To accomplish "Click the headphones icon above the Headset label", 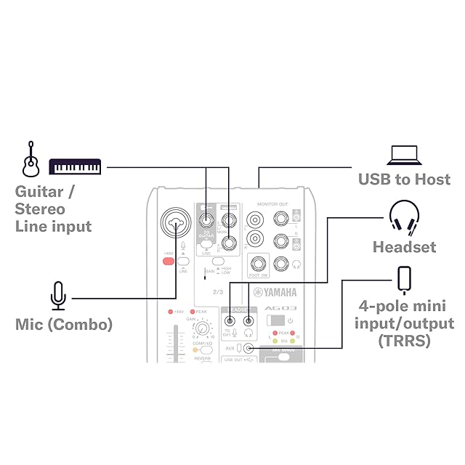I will point(404,217).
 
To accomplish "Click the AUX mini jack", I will point(250,348).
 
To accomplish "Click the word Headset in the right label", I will point(404,247).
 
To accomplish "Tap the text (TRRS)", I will point(404,340).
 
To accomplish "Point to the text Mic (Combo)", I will point(64,324).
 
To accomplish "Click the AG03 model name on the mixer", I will point(277,308).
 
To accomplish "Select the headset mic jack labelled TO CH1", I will point(230,320).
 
